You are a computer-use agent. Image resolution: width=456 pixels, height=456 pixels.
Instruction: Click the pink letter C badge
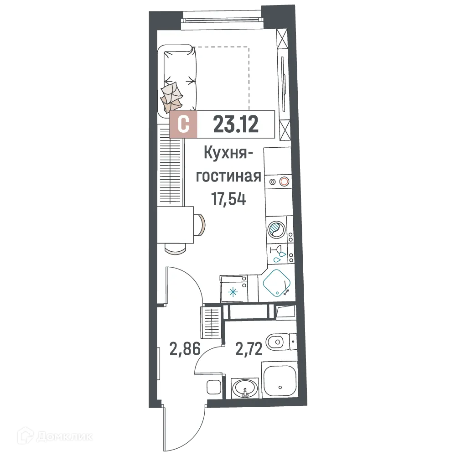point(183,124)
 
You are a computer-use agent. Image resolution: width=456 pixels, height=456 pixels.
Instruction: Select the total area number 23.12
point(236,124)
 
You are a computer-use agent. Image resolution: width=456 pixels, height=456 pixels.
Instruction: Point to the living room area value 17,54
point(228,199)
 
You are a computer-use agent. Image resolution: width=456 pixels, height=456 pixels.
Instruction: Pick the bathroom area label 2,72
point(249,351)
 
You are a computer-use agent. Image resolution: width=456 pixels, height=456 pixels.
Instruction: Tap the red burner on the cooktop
point(285,181)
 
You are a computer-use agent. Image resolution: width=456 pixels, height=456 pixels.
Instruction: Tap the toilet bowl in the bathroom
point(276,342)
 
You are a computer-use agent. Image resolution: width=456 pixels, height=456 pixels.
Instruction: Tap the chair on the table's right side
point(200,224)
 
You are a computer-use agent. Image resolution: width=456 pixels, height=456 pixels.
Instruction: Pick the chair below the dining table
point(176,248)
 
